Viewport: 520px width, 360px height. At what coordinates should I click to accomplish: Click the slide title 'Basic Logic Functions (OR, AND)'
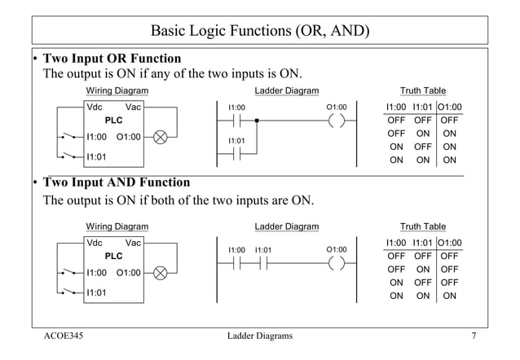[x=260, y=31]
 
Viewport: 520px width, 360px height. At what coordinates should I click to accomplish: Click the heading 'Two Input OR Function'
[x=112, y=59]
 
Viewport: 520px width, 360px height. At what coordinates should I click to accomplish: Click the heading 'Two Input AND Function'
[x=116, y=182]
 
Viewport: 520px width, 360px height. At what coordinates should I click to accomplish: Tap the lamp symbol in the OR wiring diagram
[x=161, y=137]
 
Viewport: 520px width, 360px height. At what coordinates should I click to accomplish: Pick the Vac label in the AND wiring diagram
[x=133, y=243]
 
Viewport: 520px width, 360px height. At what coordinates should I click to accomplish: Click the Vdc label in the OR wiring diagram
[x=95, y=107]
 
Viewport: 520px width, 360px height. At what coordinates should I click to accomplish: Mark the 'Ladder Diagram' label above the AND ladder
[x=287, y=226]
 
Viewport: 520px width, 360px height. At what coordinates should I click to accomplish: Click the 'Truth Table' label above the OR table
[x=422, y=90]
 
